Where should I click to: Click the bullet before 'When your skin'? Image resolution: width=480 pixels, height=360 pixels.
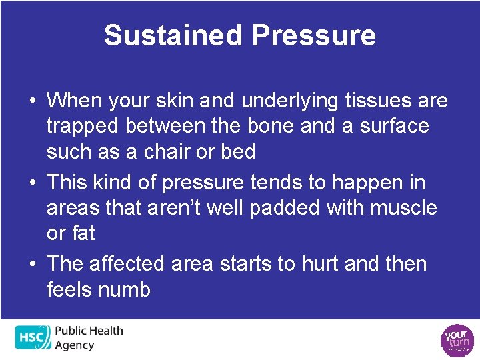point(32,101)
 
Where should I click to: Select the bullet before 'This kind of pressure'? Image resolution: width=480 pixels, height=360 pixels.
point(32,183)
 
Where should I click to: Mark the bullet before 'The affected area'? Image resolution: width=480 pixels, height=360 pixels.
point(32,264)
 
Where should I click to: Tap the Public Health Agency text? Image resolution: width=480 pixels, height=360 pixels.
point(89,337)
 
